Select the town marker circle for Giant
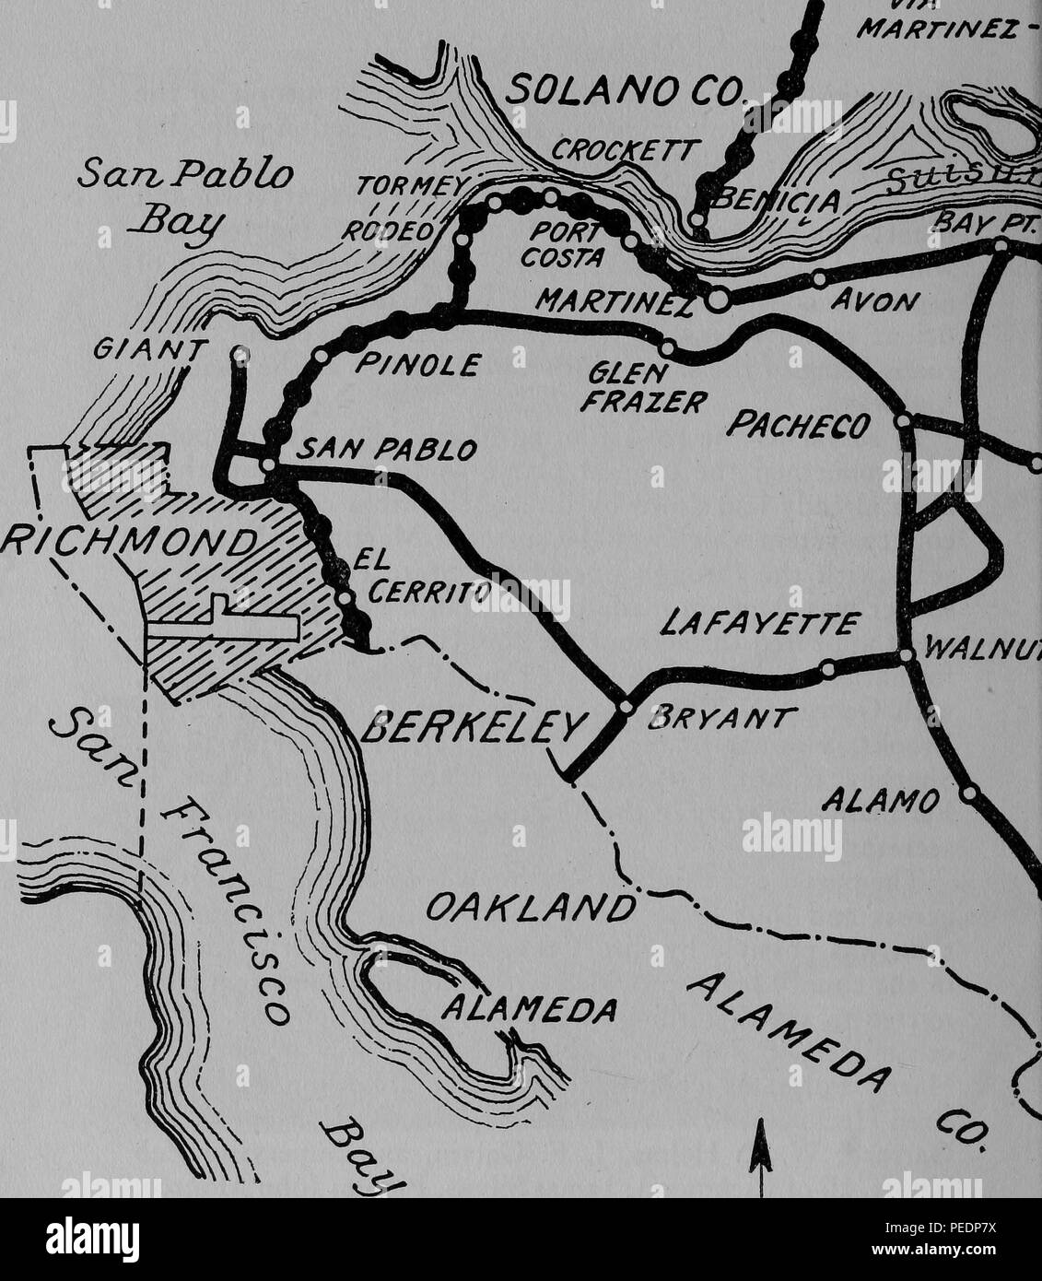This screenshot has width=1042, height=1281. (240, 352)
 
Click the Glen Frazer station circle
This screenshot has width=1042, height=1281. (668, 347)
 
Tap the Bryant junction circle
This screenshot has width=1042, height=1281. (626, 707)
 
